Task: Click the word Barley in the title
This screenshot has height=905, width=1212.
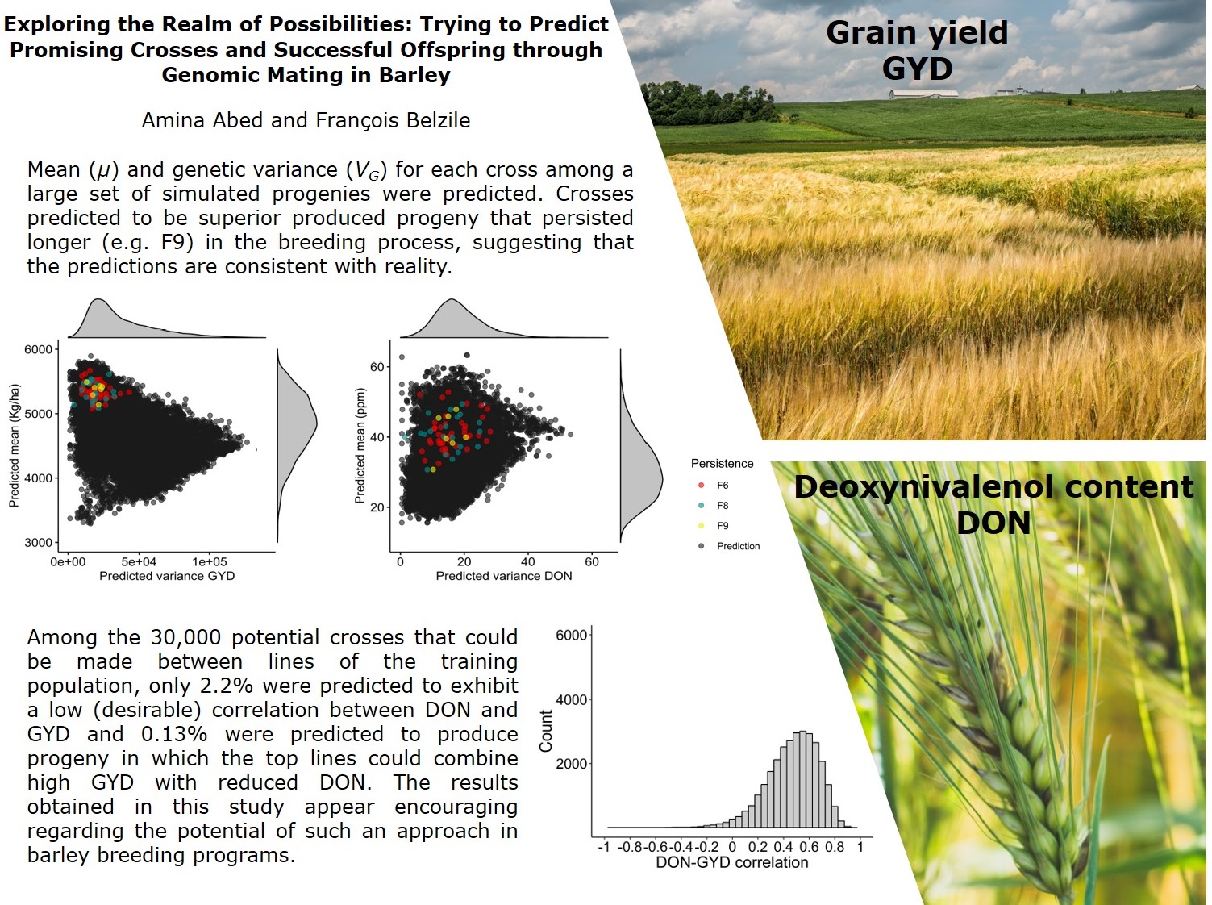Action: [x=414, y=74]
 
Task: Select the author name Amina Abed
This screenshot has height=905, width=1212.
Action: [x=202, y=120]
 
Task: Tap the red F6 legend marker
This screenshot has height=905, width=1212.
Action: [x=702, y=485]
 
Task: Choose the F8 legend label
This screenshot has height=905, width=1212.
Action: [x=723, y=505]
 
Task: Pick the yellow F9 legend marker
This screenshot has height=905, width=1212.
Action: [x=702, y=526]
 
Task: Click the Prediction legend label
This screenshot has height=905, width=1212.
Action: [x=738, y=546]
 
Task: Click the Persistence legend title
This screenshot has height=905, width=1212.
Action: [x=723, y=463]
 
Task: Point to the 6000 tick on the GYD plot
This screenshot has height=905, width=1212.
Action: [x=38, y=349]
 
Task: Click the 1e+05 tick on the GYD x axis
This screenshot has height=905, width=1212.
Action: [x=210, y=561]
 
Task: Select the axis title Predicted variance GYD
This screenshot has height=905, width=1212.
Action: [x=167, y=576]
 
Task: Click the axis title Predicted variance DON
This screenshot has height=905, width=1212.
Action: [x=503, y=576]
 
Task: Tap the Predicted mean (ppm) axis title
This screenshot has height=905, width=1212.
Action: [x=360, y=444]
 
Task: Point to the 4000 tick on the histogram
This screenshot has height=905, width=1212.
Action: [x=571, y=699]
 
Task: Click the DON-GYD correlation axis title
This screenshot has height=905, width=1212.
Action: [x=731, y=862]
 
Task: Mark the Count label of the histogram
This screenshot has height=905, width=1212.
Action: [x=546, y=731]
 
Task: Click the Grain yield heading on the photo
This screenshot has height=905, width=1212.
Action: [x=917, y=32]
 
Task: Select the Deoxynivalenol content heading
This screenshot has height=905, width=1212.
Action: [x=993, y=487]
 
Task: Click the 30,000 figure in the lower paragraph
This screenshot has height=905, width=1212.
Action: [x=185, y=637]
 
